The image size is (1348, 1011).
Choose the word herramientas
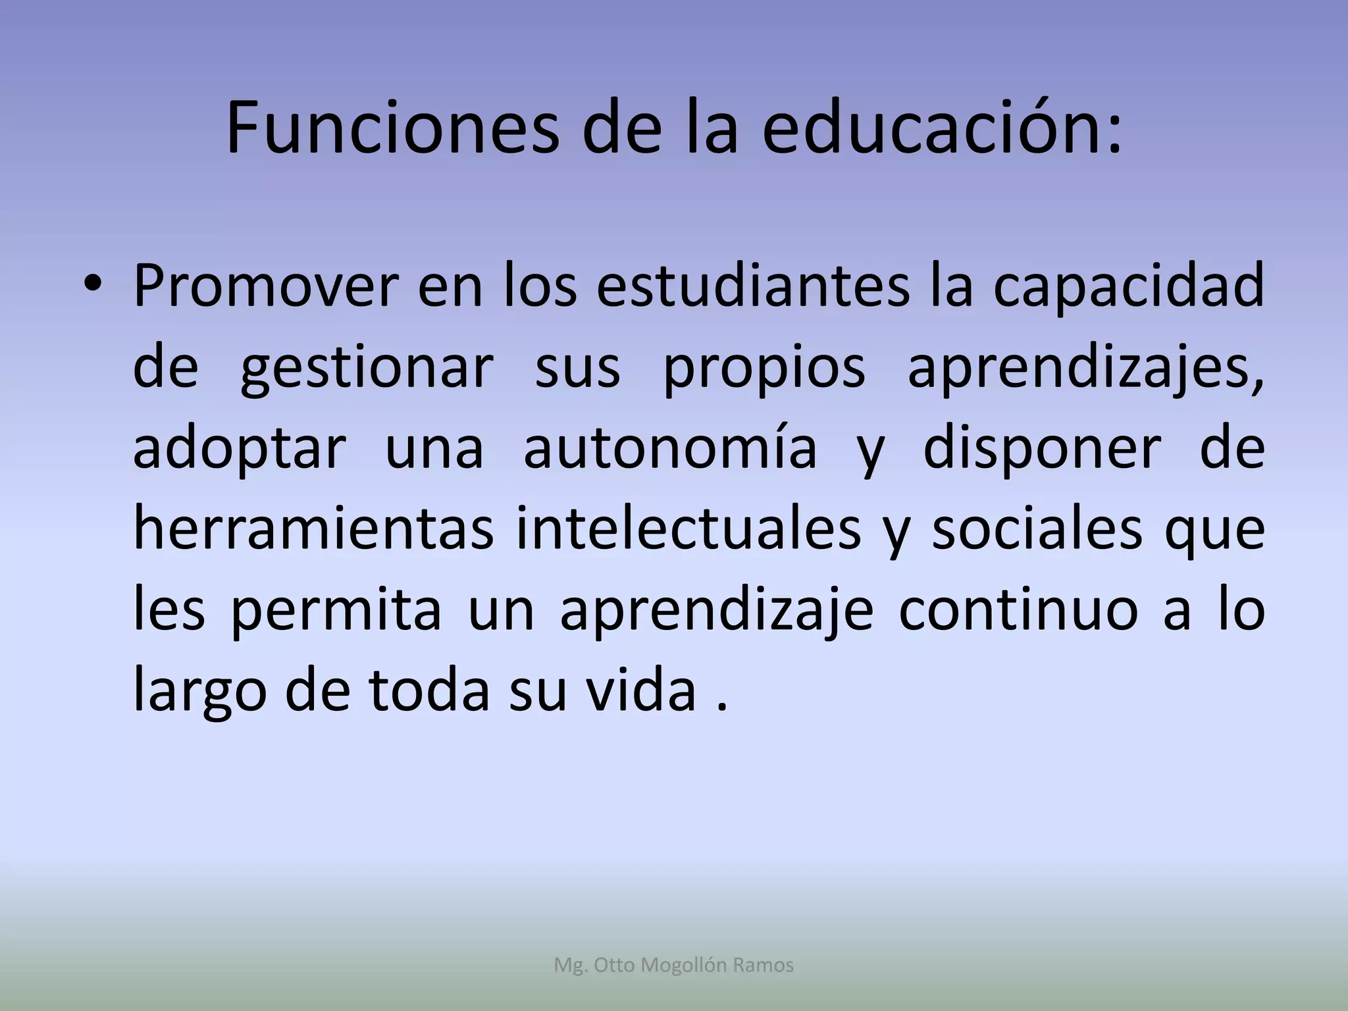[313, 529]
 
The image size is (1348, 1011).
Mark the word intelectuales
[688, 529]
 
